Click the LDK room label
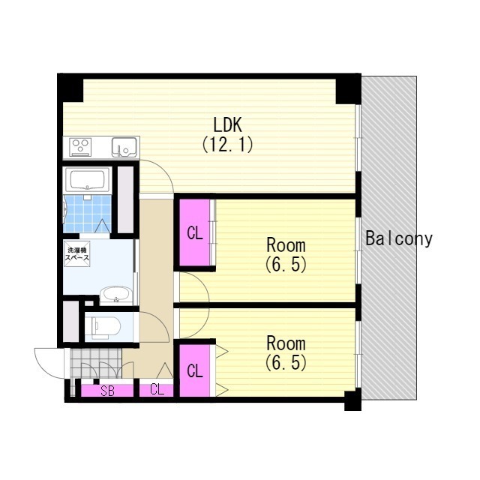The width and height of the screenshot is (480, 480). click(x=227, y=125)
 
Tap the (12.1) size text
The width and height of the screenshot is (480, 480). click(x=227, y=144)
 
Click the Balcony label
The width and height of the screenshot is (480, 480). click(x=399, y=239)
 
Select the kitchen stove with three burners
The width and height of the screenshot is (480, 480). click(x=80, y=147)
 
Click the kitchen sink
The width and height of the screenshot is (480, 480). click(x=124, y=147)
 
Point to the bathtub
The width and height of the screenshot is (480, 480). click(x=88, y=180)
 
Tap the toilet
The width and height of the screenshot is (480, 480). click(x=102, y=328)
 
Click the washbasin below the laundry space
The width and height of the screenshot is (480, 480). click(x=116, y=295)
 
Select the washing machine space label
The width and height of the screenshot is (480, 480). click(x=76, y=254)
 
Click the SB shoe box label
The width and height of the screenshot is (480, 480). click(x=107, y=391)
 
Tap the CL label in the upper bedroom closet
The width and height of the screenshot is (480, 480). click(x=195, y=234)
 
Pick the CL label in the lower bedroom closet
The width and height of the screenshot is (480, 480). click(x=195, y=371)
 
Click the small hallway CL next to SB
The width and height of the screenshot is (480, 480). click(x=157, y=390)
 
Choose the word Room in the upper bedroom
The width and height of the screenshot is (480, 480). click(x=286, y=245)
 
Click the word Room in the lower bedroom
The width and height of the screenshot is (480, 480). click(x=286, y=343)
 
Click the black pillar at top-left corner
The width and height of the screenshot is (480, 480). click(x=70, y=88)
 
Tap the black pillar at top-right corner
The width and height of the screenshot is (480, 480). click(x=348, y=89)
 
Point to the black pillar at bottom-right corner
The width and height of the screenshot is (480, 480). click(x=352, y=400)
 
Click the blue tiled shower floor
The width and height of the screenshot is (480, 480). click(x=87, y=213)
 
